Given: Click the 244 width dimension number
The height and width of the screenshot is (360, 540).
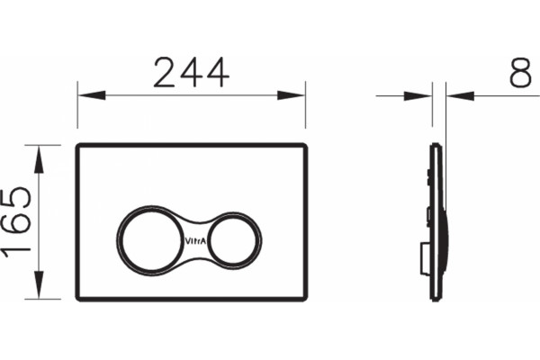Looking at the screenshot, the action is tap(191, 73).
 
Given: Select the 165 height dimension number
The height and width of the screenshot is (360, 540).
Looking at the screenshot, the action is tap(17, 222).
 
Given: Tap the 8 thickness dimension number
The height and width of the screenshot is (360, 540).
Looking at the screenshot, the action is tap(520, 73).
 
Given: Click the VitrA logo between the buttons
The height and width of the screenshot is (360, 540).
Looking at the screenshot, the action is tap(195, 241).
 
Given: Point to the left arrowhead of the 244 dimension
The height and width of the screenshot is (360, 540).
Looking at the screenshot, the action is tap(92, 95).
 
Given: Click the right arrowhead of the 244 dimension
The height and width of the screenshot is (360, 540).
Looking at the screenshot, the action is tap(291, 95).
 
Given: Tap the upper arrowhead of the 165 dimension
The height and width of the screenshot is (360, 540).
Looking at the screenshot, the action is tap(39, 159).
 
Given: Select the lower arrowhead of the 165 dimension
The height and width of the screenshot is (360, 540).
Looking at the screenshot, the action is tap(39, 285).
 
